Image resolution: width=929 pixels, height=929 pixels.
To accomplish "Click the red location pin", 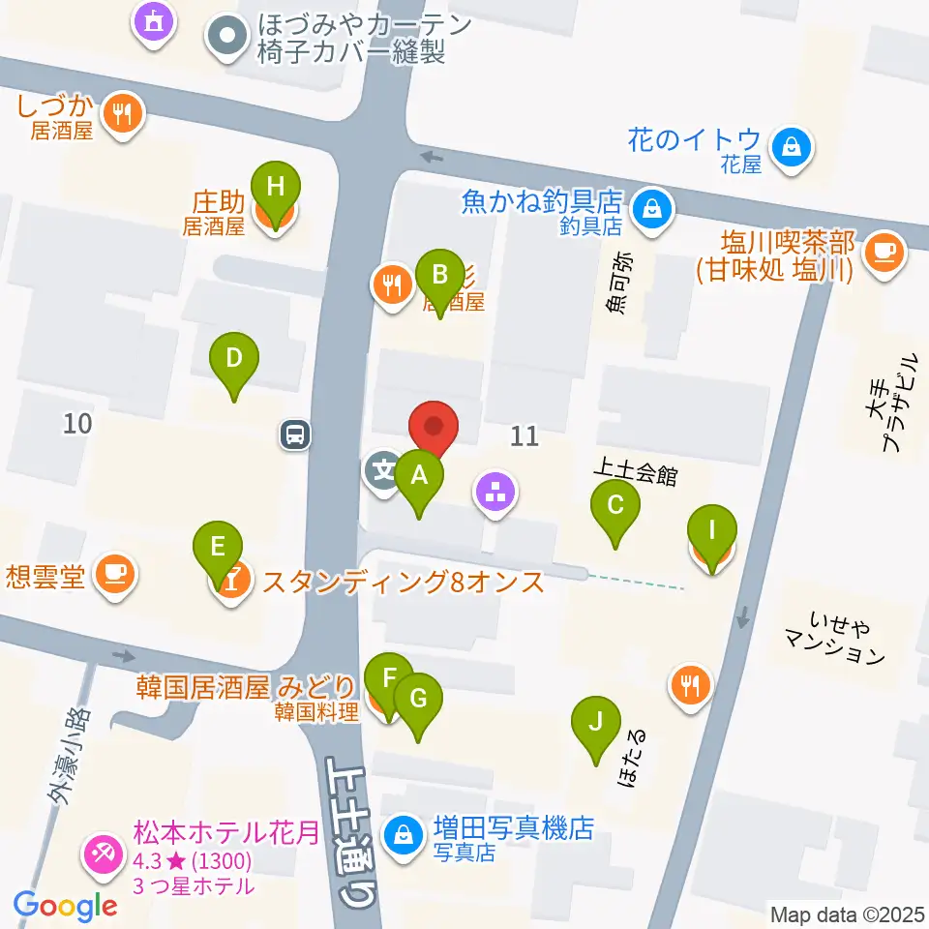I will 435,427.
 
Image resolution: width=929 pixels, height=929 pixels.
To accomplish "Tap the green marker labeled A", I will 419,476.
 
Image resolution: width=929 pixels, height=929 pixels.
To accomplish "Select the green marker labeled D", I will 234,359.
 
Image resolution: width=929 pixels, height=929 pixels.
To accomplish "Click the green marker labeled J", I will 597,722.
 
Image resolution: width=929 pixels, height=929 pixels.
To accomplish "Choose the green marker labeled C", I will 615,505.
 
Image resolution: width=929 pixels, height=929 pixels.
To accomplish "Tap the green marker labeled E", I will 219,548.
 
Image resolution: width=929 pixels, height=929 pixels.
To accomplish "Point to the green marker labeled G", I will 418,699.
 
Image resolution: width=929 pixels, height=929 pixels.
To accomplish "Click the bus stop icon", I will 296,435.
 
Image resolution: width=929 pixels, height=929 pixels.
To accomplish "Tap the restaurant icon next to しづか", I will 122,115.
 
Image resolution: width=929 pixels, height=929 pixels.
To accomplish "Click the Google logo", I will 66,906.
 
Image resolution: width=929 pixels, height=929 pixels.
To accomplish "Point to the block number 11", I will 524,436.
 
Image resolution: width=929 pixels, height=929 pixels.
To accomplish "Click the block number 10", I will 78,422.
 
